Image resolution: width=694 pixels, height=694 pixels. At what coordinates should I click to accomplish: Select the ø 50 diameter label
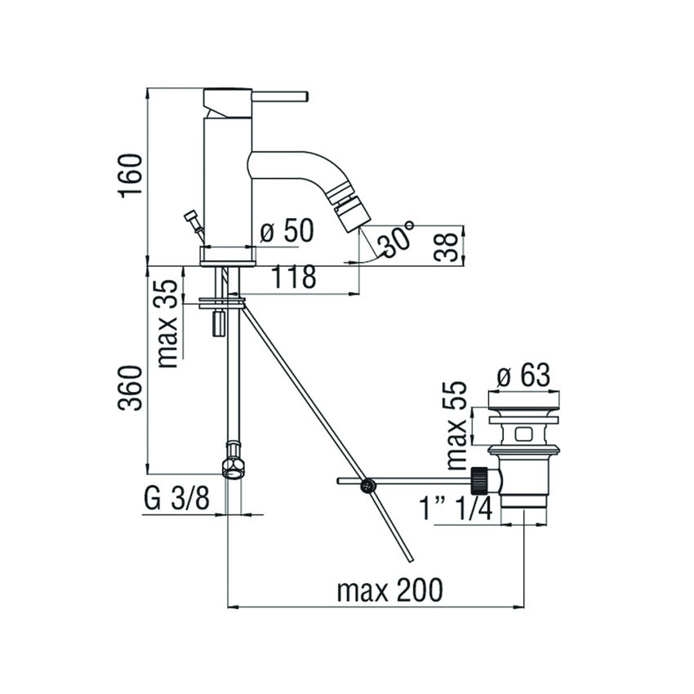pyautogui.click(x=286, y=231)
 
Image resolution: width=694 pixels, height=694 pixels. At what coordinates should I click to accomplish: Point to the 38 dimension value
pyautogui.click(x=445, y=244)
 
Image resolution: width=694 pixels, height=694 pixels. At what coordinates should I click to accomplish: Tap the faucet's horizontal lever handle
pyautogui.click(x=278, y=96)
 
